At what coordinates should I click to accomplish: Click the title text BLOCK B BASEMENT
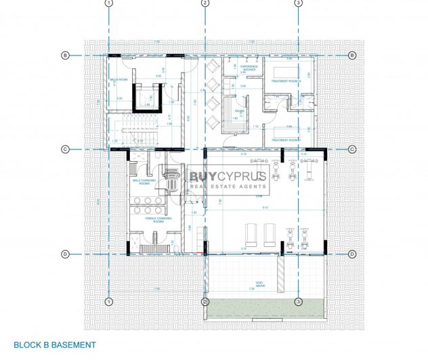pyautogui.click(x=55, y=345)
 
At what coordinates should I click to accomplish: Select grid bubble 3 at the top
pyautogui.click(x=298, y=3)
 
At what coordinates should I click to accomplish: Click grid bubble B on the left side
pyautogui.click(x=66, y=55)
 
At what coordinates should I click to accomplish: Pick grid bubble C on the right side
pyautogui.click(x=352, y=149)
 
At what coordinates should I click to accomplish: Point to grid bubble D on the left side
pyautogui.click(x=66, y=254)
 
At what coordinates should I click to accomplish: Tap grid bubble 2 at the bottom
pyautogui.click(x=205, y=302)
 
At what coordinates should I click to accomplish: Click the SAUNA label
pyautogui.click(x=240, y=110)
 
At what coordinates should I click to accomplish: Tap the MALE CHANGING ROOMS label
pyautogui.click(x=144, y=182)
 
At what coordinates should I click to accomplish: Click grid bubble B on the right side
pyautogui.click(x=352, y=55)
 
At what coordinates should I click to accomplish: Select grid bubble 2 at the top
pyautogui.click(x=205, y=3)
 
